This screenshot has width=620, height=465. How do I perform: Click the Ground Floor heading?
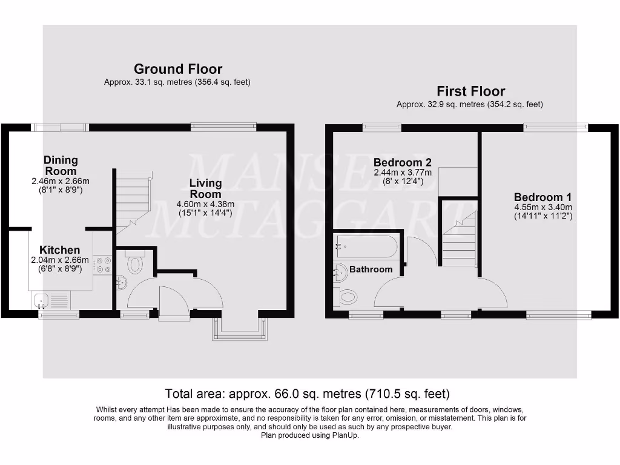tap(177, 69)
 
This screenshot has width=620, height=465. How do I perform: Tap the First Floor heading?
tap(470, 91)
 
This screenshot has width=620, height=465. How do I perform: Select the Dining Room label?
tap(61, 165)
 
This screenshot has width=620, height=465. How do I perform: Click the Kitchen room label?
tap(59, 250)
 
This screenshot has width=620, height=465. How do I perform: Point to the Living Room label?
tap(206, 188)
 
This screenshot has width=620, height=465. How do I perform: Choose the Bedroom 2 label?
tap(402, 162)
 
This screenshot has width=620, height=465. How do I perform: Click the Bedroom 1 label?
tap(542, 197)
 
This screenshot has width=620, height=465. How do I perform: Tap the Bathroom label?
tap(371, 269)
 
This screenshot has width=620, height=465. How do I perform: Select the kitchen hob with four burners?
tap(103, 265)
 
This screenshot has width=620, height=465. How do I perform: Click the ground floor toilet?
tap(134, 265)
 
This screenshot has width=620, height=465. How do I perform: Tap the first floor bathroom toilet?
tap(347, 296)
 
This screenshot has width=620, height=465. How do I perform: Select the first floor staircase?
tap(459, 239)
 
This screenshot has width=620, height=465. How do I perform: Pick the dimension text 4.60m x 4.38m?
tap(206, 204)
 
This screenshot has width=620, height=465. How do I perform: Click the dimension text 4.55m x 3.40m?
tap(542, 206)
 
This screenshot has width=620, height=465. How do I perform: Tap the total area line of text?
tap(308, 393)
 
